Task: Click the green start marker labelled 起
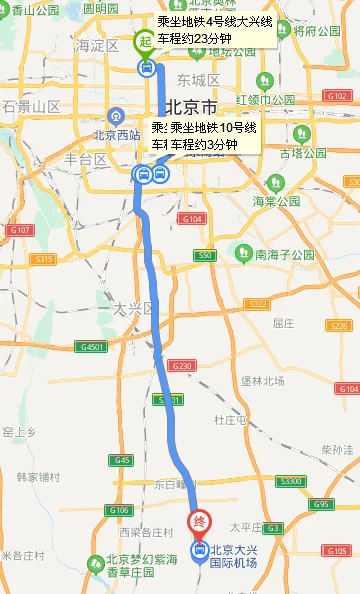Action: (146, 42)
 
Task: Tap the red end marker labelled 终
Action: (199, 522)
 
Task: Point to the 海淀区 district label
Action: (98, 46)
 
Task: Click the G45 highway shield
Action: (122, 460)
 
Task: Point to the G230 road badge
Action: (182, 366)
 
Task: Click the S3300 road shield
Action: (291, 482)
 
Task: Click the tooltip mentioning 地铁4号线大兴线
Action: (215, 30)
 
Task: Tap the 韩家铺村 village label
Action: (38, 478)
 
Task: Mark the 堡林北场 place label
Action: (262, 381)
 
